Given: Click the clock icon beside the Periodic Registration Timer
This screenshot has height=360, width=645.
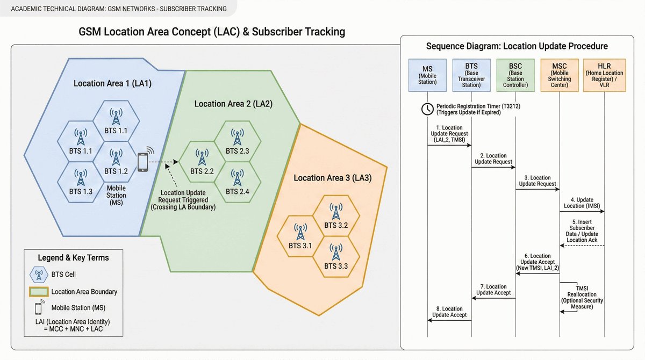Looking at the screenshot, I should coord(427,109).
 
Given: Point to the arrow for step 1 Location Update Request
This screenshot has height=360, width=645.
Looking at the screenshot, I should coord(449,145).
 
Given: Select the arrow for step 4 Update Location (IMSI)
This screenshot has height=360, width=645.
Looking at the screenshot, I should coord(582,211).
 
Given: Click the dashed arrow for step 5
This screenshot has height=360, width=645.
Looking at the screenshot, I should coord(582,246).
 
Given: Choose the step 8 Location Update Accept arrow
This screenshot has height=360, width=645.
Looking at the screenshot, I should coord(449,320).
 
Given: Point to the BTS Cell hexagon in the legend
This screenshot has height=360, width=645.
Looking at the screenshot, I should coord(39,275).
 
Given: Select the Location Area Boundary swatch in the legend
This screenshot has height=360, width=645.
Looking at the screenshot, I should coord(38,292).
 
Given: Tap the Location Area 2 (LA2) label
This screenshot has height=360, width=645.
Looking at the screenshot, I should coord(233,104).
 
